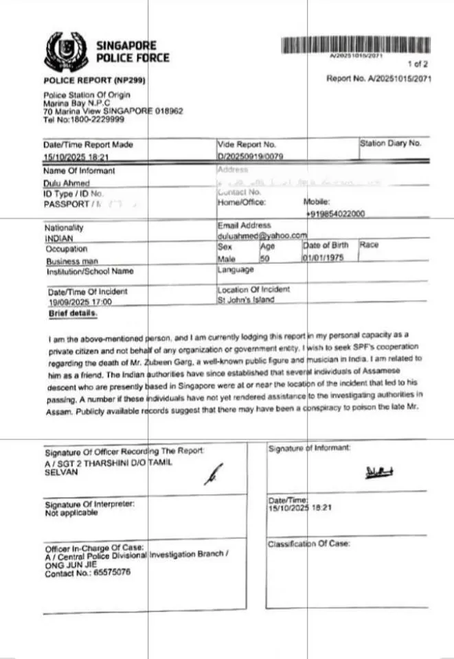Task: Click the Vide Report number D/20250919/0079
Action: (250, 157)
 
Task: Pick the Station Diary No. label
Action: (390, 143)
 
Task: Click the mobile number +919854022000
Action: (335, 214)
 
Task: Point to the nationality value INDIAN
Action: (58, 238)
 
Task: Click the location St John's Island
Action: (245, 300)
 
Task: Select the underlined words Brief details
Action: (73, 313)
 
